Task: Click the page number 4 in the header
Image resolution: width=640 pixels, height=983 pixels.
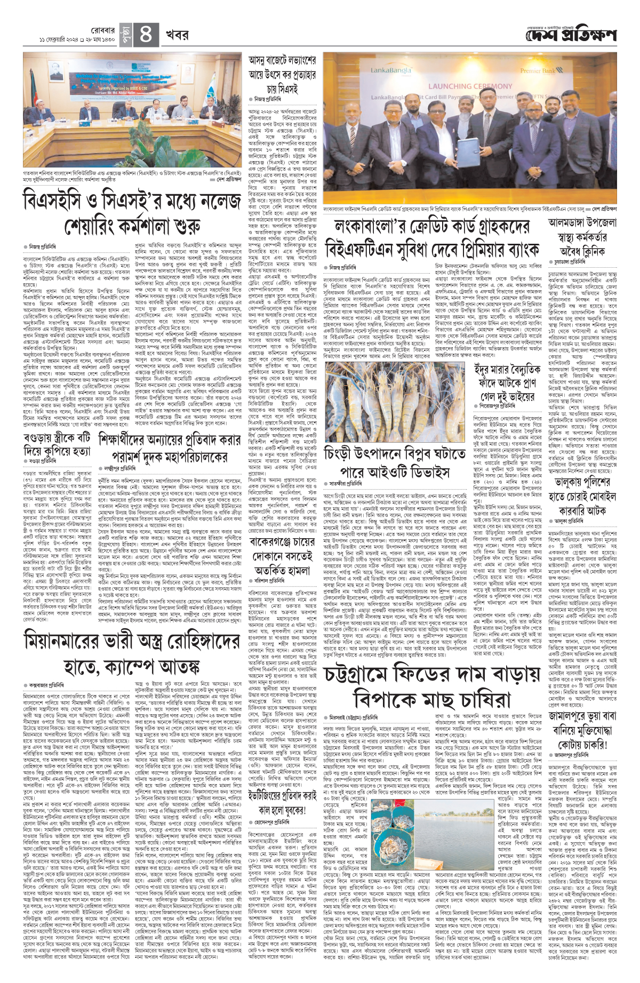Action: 146,36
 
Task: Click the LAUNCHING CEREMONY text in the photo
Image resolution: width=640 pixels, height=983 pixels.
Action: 470,86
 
